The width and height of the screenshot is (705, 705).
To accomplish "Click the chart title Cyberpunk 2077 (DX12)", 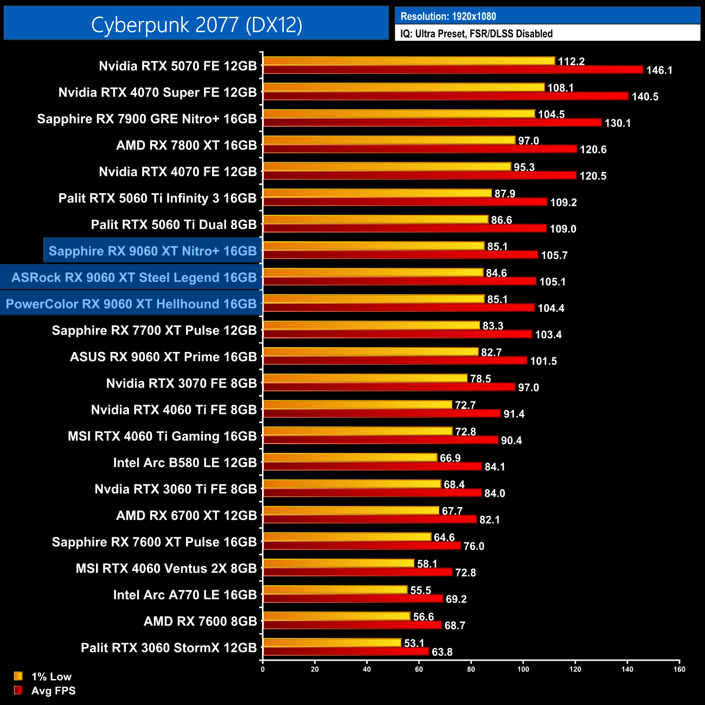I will tap(196, 24).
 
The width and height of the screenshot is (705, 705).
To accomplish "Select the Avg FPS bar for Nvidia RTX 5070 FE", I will tap(453, 69).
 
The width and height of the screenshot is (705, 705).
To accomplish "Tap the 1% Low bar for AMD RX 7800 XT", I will tap(389, 140).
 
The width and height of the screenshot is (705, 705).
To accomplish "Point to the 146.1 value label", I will tap(659, 70).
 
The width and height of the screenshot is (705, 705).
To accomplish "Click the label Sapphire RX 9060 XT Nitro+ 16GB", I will tap(152, 251).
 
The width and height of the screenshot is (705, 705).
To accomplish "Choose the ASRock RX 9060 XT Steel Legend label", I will tap(134, 278).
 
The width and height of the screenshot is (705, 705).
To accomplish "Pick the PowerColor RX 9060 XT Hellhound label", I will tap(131, 304).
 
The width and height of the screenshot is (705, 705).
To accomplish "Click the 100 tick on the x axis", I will tap(523, 669).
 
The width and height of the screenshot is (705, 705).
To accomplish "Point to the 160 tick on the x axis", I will tap(679, 669).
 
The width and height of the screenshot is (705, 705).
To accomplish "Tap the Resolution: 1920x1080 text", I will tap(448, 16).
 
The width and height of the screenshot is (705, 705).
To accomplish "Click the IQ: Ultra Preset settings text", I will tap(476, 34).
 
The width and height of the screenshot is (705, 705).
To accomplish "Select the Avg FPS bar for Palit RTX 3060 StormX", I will tap(345, 651).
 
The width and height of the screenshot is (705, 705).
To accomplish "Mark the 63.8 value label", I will tap(442, 652).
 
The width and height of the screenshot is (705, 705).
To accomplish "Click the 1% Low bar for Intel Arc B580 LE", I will tap(350, 458).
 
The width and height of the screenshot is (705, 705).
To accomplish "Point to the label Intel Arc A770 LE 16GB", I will tap(185, 595).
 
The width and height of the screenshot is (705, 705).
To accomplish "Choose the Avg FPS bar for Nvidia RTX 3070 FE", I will tap(389, 387).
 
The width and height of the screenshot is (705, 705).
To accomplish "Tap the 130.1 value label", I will tap(617, 123).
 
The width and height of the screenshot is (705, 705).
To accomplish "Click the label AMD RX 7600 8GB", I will tap(200, 621).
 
